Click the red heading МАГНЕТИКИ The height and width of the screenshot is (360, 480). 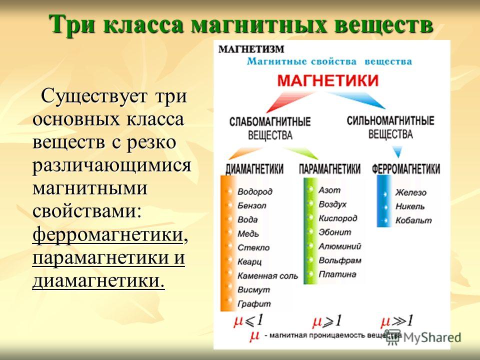pyautogui.click(x=328, y=80)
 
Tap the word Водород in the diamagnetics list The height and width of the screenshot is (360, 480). pyautogui.click(x=254, y=191)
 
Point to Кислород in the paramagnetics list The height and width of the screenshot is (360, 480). pyautogui.click(x=337, y=218)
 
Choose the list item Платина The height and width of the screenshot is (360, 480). pyautogui.click(x=337, y=274)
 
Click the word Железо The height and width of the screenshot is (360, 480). pyautogui.click(x=410, y=192)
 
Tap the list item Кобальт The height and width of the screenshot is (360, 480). pyautogui.click(x=413, y=220)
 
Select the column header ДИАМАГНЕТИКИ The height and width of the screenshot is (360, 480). pyautogui.click(x=254, y=169)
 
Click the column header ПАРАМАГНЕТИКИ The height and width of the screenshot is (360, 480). pyautogui.click(x=329, y=169)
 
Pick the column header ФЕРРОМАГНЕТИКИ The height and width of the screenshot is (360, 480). pyautogui.click(x=406, y=169)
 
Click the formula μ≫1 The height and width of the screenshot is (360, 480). pyautogui.click(x=396, y=321)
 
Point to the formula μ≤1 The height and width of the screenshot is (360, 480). pyautogui.click(x=248, y=321)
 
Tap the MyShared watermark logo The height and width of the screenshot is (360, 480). pyautogui.click(x=423, y=337)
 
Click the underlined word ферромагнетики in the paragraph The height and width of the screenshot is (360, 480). pyautogui.click(x=108, y=235)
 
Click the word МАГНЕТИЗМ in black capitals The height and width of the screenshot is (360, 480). pyautogui.click(x=251, y=49)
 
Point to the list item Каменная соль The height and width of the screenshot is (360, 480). pyautogui.click(x=267, y=276)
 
